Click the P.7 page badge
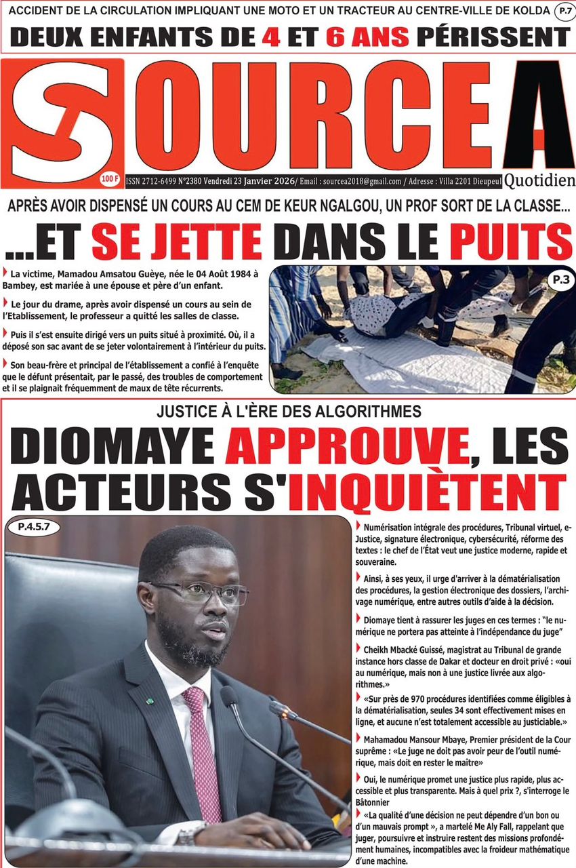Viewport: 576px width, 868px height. pos(562,11)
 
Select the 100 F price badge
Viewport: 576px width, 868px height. pos(108,179)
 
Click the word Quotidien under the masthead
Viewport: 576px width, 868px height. pos(540,180)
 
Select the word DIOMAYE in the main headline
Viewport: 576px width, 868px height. pos(114,448)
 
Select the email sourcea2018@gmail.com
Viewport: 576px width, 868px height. pos(358,180)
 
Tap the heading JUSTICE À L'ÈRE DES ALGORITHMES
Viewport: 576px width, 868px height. pos(288,411)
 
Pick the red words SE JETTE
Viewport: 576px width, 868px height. pos(176,243)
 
